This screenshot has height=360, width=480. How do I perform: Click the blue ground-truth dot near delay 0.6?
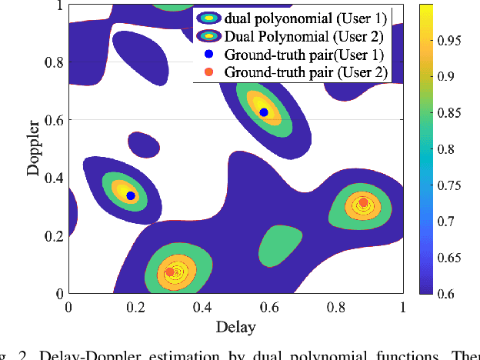tap(264, 112)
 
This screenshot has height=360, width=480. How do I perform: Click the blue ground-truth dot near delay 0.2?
tap(131, 196)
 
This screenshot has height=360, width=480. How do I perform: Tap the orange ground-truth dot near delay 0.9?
tap(364, 203)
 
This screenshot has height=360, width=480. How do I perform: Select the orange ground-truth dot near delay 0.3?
tap(170, 272)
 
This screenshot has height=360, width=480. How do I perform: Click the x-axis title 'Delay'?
tap(235, 328)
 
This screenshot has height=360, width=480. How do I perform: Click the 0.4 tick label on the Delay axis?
tap(202, 308)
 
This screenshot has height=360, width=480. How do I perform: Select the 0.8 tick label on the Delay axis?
tap(336, 308)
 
